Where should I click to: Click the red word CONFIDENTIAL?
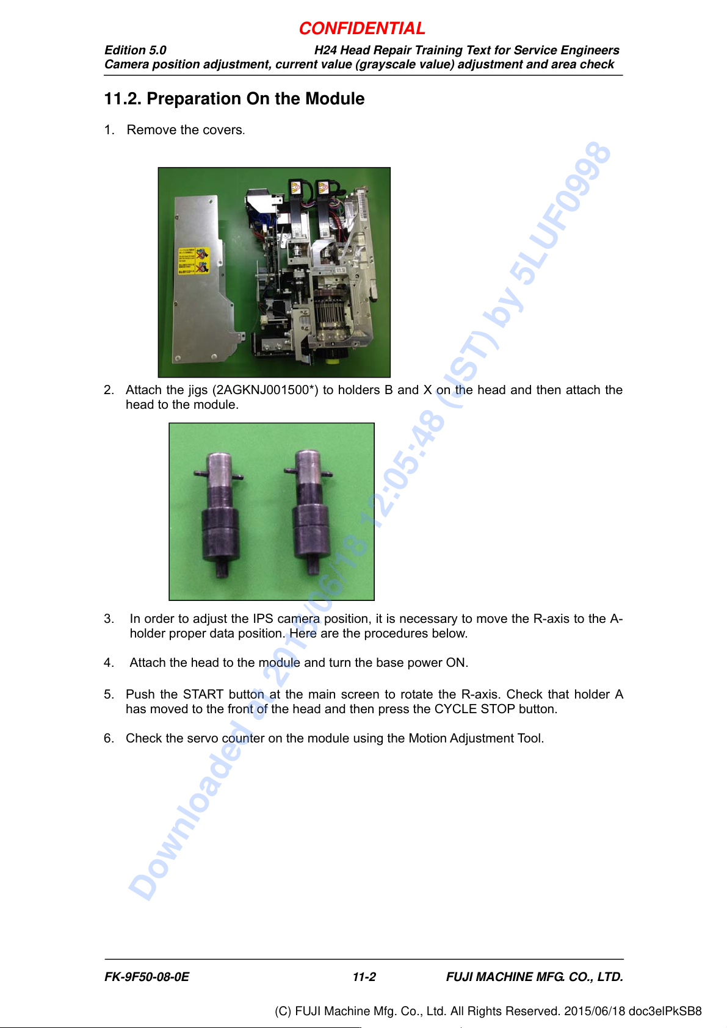pyautogui.click(x=362, y=29)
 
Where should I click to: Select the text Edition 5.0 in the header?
pyautogui.click(x=135, y=50)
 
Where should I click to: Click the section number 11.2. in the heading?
pyautogui.click(x=123, y=99)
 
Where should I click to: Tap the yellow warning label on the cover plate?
pyautogui.click(x=194, y=261)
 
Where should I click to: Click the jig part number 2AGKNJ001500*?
pyautogui.click(x=265, y=390)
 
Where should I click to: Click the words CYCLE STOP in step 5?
pyautogui.click(x=475, y=708)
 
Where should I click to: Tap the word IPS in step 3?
pyautogui.click(x=262, y=619)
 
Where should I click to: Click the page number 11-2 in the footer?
pyautogui.click(x=364, y=977)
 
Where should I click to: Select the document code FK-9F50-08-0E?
pyautogui.click(x=147, y=977)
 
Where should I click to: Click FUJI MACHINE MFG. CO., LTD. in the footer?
pyautogui.click(x=535, y=977)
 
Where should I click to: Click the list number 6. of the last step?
pyautogui.click(x=109, y=738)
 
